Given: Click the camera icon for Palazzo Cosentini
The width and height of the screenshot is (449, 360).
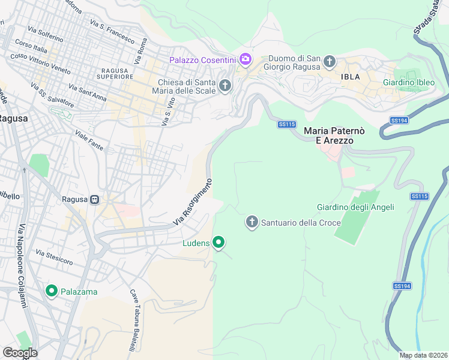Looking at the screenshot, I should tap(245, 59).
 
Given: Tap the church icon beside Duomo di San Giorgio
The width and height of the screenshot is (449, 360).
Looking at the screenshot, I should tap(329, 61).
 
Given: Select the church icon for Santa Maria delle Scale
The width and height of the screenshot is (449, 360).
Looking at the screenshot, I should tap(225, 86).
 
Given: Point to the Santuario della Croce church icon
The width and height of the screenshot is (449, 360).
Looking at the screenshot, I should tap(252, 223).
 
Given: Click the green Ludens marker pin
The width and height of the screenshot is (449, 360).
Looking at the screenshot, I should tap(219, 242).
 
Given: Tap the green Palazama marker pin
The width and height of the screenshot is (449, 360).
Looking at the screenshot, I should tap(52, 292).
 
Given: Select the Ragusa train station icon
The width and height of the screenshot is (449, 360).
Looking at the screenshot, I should tap(95, 199).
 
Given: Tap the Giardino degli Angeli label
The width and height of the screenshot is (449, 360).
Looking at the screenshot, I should tap(355, 208).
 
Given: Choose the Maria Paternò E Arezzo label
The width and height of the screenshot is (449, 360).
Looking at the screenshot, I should tap(328, 135).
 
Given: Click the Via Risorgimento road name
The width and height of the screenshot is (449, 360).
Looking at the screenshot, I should tap(193, 202).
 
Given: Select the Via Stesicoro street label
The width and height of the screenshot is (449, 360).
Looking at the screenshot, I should tap(54, 258).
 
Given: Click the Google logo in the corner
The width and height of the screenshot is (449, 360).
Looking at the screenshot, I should tap(20, 353).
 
